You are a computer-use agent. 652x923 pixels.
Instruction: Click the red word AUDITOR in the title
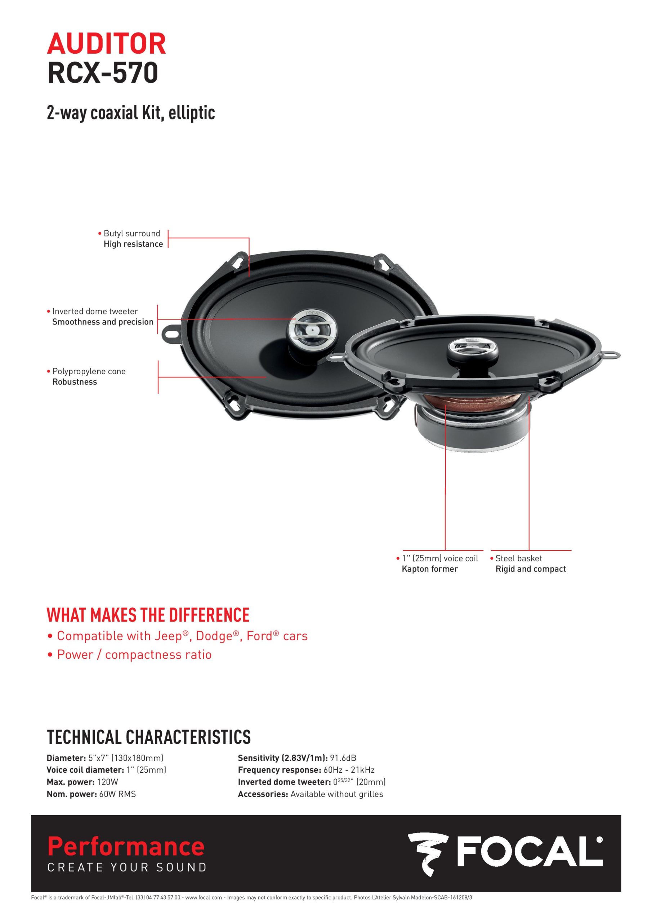click(107, 44)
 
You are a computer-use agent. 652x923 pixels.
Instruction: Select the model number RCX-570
click(102, 73)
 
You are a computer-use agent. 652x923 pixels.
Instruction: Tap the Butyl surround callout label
click(132, 234)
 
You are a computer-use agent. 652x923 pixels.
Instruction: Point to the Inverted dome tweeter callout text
click(95, 312)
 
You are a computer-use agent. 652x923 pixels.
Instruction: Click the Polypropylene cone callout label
click(89, 371)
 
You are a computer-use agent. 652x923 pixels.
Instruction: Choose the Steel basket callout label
click(518, 558)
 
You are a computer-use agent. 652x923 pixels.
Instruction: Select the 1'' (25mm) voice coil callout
click(440, 558)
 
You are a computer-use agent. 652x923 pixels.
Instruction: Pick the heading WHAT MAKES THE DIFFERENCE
click(148, 615)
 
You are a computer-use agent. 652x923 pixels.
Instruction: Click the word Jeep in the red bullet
click(168, 636)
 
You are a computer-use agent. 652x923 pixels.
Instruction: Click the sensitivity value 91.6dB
click(343, 758)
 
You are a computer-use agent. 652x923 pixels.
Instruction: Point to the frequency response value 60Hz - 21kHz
click(349, 770)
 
